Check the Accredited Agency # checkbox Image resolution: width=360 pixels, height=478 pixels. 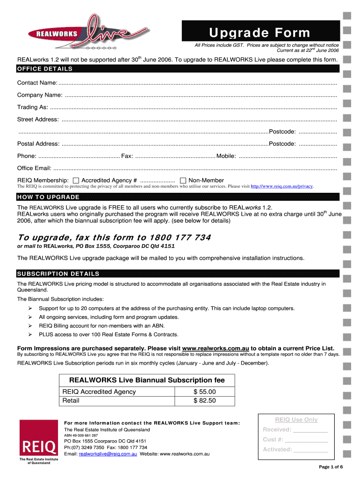tap(76, 181)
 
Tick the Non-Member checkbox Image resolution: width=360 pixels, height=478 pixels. tap(183, 181)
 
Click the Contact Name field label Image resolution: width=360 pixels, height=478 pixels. tap(37, 83)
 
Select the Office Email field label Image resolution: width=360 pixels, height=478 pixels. tap(34, 168)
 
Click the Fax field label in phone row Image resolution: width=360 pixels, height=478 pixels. tap(127, 156)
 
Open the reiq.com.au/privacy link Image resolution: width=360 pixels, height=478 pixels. tap(282, 186)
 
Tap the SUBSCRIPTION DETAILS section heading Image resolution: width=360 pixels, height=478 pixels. tap(58, 274)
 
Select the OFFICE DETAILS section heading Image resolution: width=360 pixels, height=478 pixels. tap(45, 69)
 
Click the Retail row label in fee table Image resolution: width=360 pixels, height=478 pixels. tap(71, 401)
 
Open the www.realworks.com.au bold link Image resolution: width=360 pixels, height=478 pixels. tap(215, 348)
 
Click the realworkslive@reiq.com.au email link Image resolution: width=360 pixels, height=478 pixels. tap(108, 454)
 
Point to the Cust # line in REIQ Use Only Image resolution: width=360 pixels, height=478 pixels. tap(295, 439)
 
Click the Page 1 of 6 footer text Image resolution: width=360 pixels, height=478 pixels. tap(331, 467)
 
